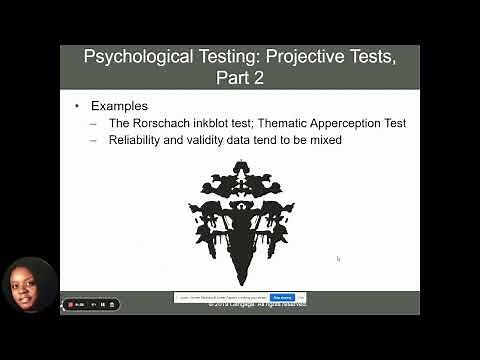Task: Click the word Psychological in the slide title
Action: pyautogui.click(x=134, y=56)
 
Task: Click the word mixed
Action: pyautogui.click(x=323, y=141)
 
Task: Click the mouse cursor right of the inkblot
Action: pyautogui.click(x=338, y=258)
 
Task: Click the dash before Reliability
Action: pyautogui.click(x=93, y=141)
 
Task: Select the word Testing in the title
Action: pyautogui.click(x=212, y=56)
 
